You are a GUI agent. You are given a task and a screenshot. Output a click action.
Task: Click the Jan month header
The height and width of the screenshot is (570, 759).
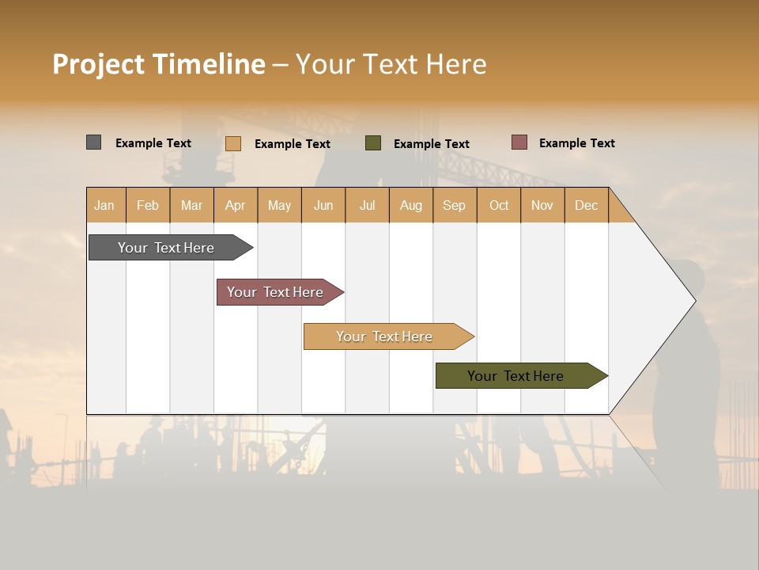click(105, 205)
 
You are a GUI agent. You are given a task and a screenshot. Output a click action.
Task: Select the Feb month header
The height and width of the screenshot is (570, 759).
click(148, 205)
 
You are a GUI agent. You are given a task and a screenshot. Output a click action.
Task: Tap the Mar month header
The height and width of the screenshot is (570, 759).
click(191, 205)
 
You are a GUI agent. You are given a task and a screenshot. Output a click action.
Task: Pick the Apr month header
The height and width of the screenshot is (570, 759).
click(236, 205)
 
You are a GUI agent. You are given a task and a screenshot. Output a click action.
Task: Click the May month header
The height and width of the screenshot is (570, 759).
click(279, 205)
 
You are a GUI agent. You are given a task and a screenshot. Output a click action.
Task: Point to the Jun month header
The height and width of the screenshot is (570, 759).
click(323, 205)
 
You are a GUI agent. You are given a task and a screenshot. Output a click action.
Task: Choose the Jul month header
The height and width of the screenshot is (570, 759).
click(367, 205)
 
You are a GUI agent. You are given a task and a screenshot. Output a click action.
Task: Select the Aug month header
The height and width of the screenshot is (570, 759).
click(411, 205)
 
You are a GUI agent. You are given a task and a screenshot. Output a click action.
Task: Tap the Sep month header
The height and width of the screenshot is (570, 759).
click(455, 205)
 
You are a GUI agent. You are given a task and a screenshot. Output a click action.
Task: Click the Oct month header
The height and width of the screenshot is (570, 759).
click(499, 205)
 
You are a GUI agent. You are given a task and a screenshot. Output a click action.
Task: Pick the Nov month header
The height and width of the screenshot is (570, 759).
click(542, 205)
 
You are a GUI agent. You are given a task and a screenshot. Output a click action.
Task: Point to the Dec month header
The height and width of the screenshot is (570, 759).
click(587, 205)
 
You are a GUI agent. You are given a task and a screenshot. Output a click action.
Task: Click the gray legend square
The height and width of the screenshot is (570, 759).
click(94, 142)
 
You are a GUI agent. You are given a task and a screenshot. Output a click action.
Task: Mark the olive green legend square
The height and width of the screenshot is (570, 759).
click(373, 143)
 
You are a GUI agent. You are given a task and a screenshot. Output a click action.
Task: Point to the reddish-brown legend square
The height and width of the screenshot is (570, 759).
click(519, 142)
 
